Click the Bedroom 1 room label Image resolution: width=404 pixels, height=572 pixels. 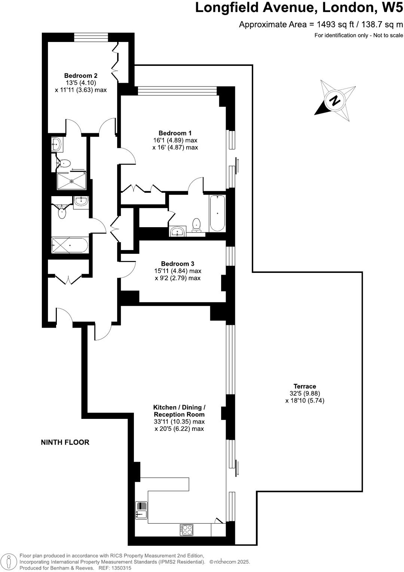(x=175, y=133)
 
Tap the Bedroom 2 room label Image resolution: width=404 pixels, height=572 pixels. (x=81, y=76)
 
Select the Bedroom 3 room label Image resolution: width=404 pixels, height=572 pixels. (x=178, y=264)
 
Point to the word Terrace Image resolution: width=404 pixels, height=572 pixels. (x=304, y=386)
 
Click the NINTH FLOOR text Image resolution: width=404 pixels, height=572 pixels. (x=65, y=442)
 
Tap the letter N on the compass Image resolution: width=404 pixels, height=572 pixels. (x=334, y=101)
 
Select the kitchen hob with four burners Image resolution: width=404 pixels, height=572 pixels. (x=187, y=529)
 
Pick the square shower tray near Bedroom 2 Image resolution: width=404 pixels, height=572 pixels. (x=71, y=181)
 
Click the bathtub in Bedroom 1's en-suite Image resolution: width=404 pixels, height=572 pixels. (x=217, y=213)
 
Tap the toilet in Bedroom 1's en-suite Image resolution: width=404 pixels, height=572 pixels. (x=196, y=225)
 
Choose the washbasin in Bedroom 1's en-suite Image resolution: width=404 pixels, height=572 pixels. (x=177, y=231)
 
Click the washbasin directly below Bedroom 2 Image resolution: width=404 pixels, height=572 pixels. (x=57, y=144)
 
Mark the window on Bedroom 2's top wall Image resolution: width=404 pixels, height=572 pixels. (x=91, y=37)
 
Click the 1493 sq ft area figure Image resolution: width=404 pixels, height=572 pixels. (x=335, y=25)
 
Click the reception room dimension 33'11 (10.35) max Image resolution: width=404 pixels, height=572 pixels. (x=179, y=422)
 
